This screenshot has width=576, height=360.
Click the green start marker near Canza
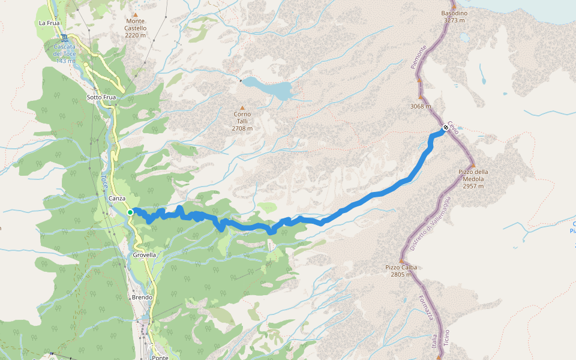coord(130,212)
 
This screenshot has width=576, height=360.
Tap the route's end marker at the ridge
coord(446,127)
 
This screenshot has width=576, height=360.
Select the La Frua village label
coord(49,23)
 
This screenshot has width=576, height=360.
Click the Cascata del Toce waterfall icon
coord(64,38)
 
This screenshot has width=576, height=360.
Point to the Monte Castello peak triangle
coord(136,15)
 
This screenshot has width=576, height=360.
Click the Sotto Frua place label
coord(101,97)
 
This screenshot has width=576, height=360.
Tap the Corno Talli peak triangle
coord(242,107)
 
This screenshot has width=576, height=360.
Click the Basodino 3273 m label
coord(454,16)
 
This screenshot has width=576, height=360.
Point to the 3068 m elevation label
coord(420,107)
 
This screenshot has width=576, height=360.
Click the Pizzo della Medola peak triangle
coord(473,165)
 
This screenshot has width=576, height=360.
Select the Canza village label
coord(117,199)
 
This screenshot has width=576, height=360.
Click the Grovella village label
coord(144,254)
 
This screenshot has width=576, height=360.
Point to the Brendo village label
coord(142,298)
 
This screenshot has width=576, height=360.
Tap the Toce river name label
coord(104,180)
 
